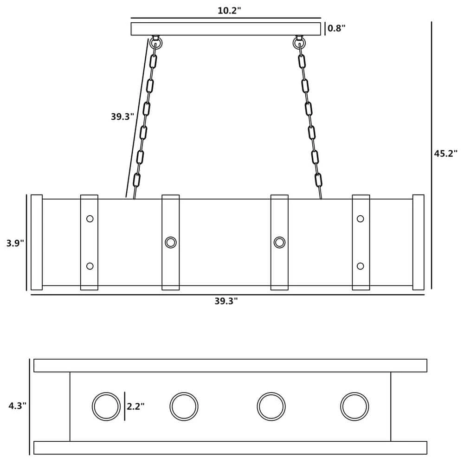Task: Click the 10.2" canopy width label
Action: click(x=229, y=11)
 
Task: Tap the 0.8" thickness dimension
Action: click(x=336, y=28)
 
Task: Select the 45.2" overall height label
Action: click(x=445, y=154)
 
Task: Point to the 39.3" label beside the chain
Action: click(x=122, y=116)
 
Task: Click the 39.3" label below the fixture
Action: click(x=226, y=301)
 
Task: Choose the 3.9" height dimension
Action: click(x=15, y=243)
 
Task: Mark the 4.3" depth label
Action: click(x=18, y=406)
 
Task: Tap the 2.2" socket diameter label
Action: click(x=135, y=406)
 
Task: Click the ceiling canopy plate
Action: click(x=226, y=29)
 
